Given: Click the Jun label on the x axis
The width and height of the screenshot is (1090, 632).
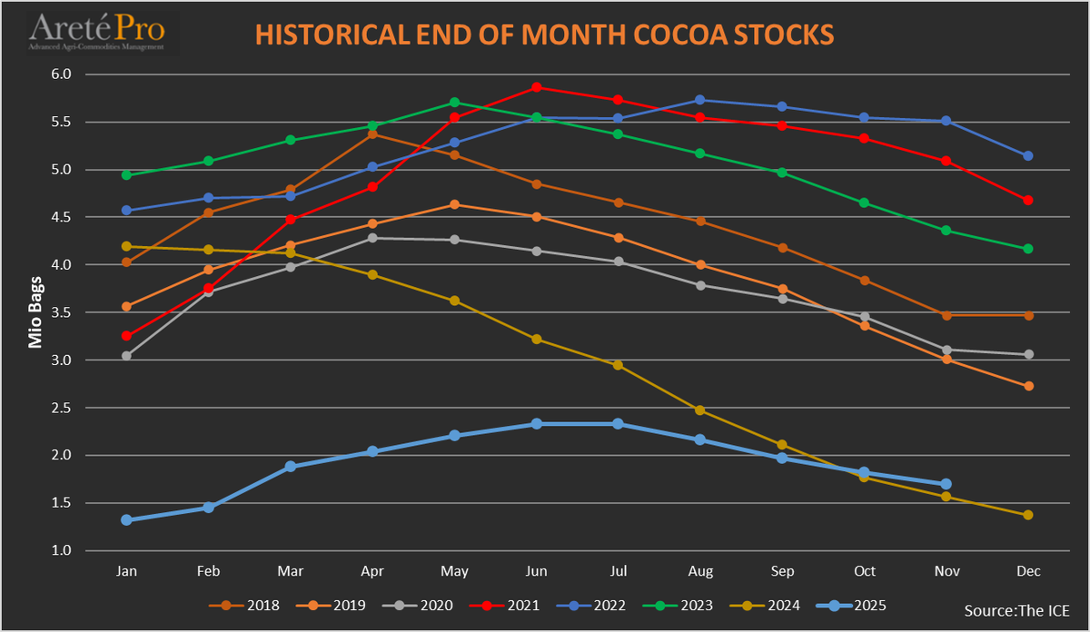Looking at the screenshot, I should point(536,570).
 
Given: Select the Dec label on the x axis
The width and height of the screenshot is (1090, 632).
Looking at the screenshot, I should point(1028,570).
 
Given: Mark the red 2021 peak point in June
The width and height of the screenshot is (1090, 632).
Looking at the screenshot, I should point(537,87).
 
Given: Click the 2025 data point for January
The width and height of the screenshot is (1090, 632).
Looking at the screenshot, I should point(126,520).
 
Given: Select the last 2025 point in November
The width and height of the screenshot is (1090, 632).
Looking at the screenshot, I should point(946,484).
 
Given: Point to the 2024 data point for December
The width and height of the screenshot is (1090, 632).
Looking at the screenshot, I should point(1028,515).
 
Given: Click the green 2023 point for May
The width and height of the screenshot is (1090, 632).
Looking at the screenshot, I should point(454,103).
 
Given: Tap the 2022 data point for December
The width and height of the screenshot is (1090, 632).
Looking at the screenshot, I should point(1028,156).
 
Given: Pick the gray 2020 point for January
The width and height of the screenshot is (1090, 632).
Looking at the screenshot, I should point(126,356).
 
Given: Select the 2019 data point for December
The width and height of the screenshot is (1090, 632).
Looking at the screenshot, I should point(1028,386).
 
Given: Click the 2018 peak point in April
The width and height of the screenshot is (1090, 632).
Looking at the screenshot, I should point(372,134).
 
